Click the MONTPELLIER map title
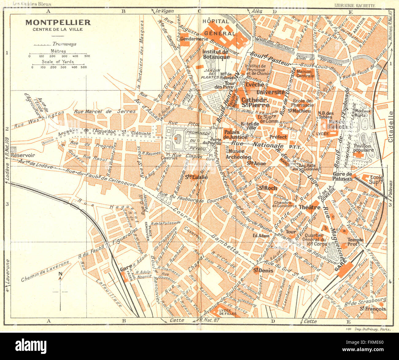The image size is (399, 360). point(58,22)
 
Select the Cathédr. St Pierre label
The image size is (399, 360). point(255,103)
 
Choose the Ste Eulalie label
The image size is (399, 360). point(196,177)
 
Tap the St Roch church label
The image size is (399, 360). point(268,188)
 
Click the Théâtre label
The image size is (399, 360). point(309,207)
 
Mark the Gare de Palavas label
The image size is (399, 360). point(343,176)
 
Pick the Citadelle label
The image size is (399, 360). point(390,126)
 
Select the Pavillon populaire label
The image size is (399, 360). point(363,148)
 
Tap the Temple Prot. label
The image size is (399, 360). point(355,242)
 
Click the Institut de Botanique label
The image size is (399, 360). point(216,54)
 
